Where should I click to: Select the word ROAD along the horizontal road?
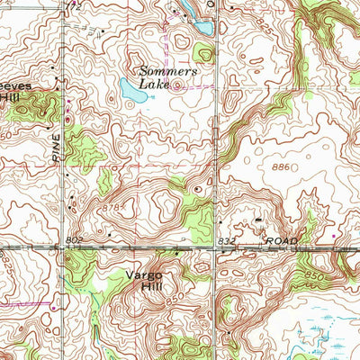tap(279, 242)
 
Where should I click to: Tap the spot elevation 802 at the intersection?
tap(74, 239)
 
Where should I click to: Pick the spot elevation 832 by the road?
tap(228, 242)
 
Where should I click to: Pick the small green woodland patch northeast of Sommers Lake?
tap(203, 53)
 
